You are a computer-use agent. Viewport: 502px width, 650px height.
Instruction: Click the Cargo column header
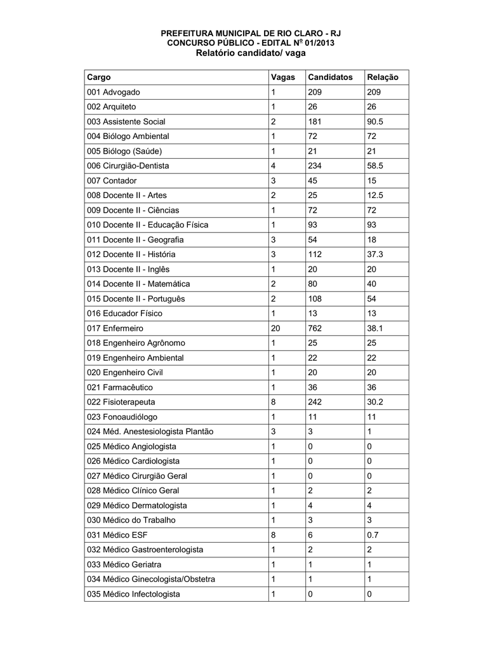pos(99,77)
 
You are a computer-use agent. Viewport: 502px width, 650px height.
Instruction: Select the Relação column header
pos(382,77)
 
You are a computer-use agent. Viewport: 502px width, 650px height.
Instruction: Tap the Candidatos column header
pos(330,77)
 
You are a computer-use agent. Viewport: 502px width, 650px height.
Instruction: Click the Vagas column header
pos(283,77)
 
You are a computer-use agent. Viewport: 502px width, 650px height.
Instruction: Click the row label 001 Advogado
pos(114,92)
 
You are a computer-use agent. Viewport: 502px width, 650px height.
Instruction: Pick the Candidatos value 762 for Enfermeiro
pos(315,328)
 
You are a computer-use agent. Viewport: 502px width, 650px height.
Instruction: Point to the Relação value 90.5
pos(377,121)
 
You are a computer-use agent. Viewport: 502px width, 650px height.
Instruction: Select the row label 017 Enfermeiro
pos(115,328)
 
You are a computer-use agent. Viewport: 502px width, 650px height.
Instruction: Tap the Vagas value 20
pos(275,328)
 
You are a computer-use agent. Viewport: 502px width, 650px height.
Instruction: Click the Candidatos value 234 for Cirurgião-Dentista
pos(315,166)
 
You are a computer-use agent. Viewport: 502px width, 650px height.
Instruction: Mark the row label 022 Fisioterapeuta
pos(121,402)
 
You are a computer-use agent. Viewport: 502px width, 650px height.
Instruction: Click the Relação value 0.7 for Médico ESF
pos(373,534)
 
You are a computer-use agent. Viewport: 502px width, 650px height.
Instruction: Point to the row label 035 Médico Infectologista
pos(133,594)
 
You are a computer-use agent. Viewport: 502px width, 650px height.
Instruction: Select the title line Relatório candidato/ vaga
pos(251,53)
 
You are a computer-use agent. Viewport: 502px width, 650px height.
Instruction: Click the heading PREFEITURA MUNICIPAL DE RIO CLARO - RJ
pos(251,33)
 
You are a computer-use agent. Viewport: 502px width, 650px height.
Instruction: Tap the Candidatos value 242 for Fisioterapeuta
pos(315,402)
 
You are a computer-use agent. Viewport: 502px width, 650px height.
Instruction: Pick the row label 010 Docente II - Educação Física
pos(148,225)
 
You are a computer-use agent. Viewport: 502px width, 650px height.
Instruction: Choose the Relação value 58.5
pos(377,166)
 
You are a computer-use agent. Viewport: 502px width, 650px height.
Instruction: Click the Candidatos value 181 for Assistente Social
pos(314,121)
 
